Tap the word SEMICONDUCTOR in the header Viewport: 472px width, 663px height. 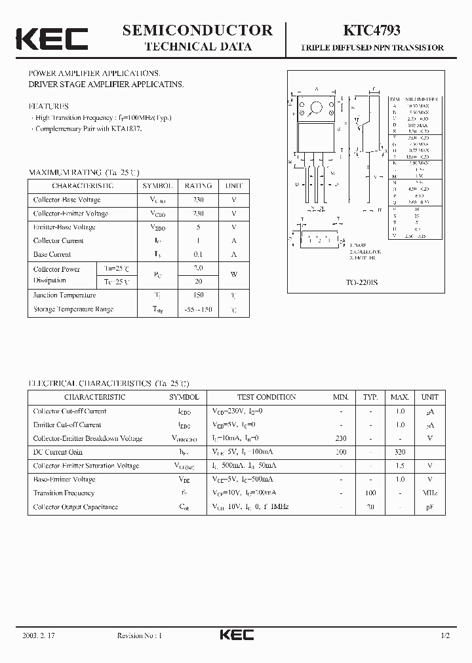coord(197,29)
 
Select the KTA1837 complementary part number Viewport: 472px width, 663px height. coord(128,128)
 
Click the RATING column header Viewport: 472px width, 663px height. coord(198,185)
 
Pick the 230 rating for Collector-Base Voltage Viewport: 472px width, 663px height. coord(198,199)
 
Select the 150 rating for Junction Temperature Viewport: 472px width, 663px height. coord(198,295)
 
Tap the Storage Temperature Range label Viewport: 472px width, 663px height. coord(73,309)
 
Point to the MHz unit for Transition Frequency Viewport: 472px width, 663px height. coord(430,493)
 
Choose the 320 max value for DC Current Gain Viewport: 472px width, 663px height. coord(399,452)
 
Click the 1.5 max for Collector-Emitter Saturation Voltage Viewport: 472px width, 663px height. coord(399,466)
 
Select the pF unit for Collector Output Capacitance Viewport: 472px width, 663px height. coord(430,507)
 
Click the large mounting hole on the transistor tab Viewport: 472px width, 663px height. coord(316,107)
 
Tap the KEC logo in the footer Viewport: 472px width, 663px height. coord(237,635)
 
